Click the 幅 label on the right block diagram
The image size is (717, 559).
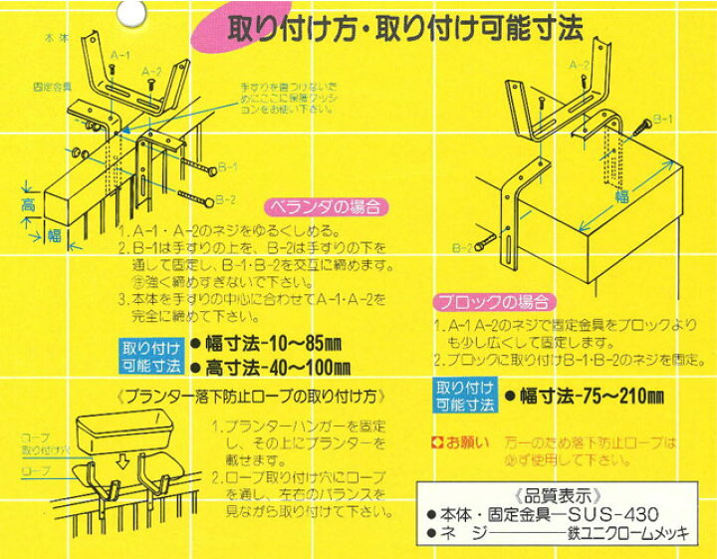[620, 195]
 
